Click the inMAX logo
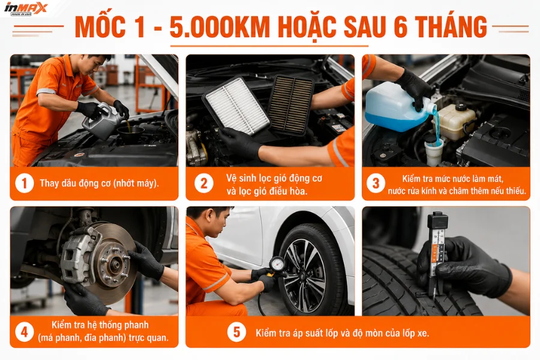[x=25, y=8]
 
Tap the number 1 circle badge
[x=24, y=183]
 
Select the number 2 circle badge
[x=204, y=184]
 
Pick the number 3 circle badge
[x=376, y=183]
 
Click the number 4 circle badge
[x=24, y=332]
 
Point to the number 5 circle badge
[x=236, y=332]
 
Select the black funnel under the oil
[x=130, y=134]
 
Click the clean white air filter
[x=236, y=106]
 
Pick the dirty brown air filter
[x=290, y=105]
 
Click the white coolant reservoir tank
[x=455, y=121]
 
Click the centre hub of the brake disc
[x=115, y=264]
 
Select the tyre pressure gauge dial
[x=277, y=265]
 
